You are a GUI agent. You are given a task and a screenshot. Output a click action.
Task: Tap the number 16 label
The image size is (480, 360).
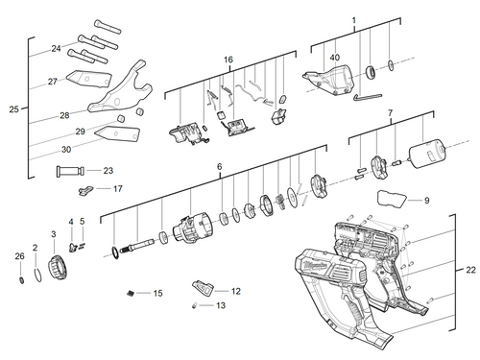228,60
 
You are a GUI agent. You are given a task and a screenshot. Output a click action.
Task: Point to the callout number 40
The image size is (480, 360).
335,57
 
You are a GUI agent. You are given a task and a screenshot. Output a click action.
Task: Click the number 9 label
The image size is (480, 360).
426,201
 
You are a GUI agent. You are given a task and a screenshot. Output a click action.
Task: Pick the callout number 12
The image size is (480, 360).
235,290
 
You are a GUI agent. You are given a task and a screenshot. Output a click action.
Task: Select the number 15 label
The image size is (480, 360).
158,293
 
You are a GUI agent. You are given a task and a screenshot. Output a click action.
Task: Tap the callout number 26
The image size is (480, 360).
19,256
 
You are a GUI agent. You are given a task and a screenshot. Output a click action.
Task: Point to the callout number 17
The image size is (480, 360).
117,189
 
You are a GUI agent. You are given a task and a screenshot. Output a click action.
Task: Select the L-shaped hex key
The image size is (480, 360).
364,95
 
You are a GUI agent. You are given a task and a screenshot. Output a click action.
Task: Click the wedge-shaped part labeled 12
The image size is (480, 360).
204,287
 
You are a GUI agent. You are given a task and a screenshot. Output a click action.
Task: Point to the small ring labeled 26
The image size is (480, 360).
20,280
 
